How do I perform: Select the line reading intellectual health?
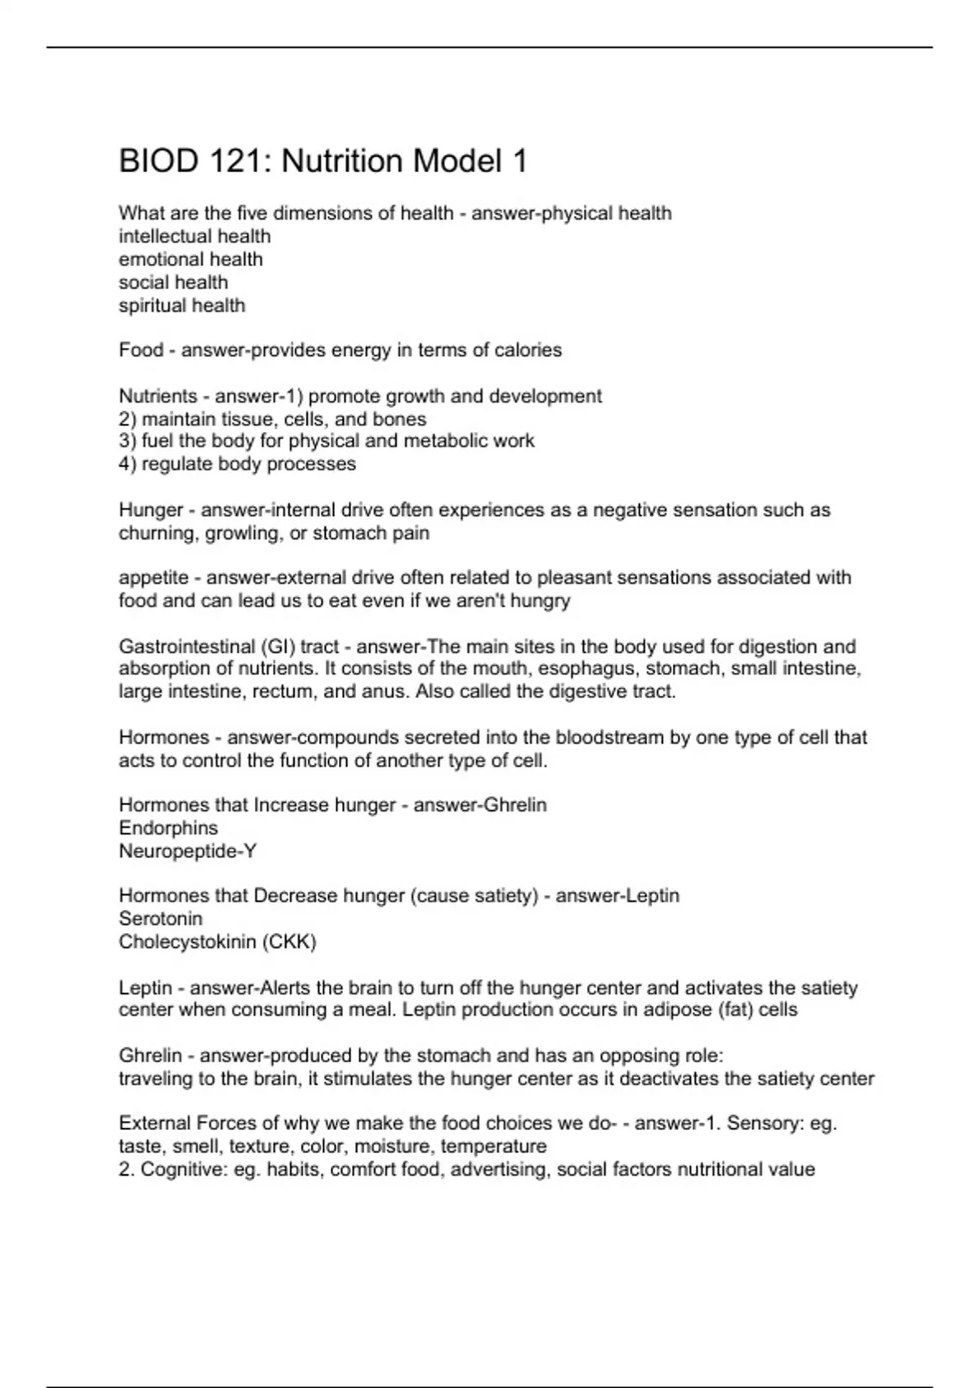pos(194,236)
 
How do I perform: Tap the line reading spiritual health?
pos(181,305)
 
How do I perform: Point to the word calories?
pos(526,350)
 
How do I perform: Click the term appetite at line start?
pos(154,578)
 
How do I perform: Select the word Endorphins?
pos(168,828)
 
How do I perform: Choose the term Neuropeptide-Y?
pos(188,851)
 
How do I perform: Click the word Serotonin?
pos(160,919)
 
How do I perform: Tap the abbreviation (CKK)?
pos(289,941)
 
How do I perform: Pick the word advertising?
pos(499,1169)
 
